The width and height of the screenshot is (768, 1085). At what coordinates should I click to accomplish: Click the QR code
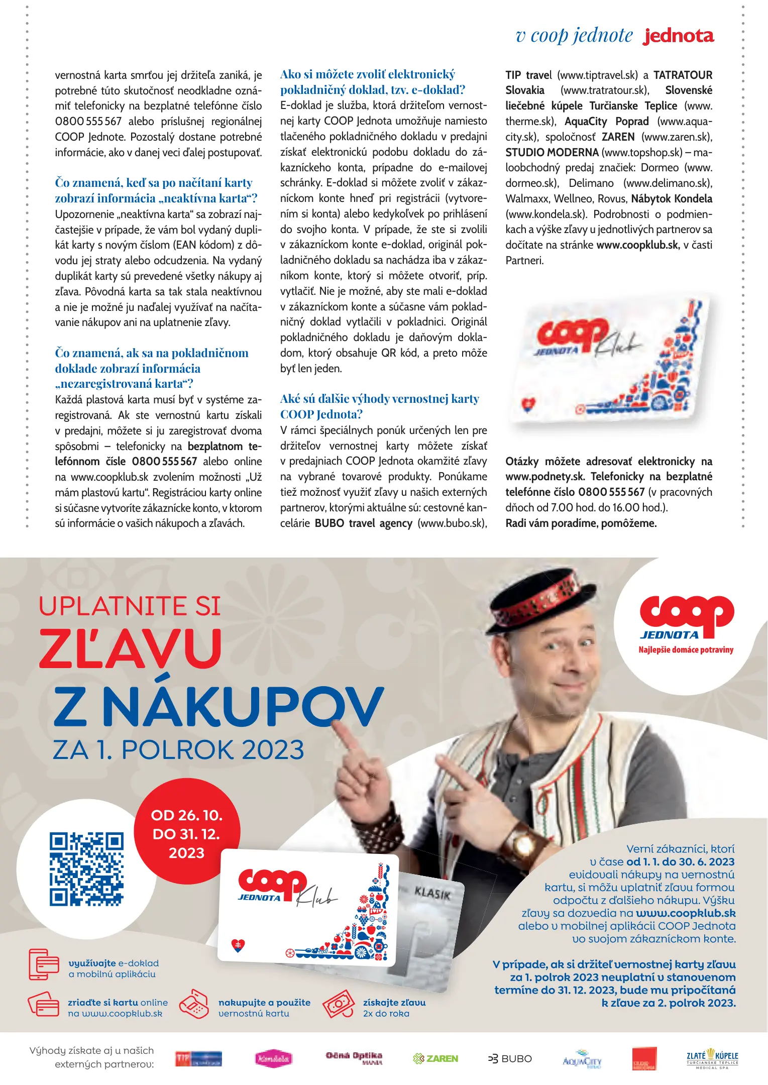pos(86,869)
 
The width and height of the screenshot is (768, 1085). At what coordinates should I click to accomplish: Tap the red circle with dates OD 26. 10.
pos(187,833)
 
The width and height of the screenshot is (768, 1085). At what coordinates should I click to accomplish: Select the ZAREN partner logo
pos(435,1058)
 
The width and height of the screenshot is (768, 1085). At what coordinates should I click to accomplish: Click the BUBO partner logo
pos(510,1058)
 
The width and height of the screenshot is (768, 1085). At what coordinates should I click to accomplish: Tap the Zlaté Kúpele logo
pos(712,1058)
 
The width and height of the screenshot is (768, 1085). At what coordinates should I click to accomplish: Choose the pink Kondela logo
pos(273,1058)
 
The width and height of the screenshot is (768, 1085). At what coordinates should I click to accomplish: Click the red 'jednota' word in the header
pos(679,36)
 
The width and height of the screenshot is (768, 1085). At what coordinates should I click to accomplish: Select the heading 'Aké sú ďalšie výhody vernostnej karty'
pos(380,399)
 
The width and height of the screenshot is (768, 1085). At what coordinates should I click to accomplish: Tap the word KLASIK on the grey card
pos(432,894)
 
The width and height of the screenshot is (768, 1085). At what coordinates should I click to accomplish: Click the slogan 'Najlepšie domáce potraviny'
pos(686,649)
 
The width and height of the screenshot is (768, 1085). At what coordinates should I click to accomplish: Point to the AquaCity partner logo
pos(582,1058)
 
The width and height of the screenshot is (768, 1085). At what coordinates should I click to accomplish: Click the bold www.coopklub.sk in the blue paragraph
pos(685,913)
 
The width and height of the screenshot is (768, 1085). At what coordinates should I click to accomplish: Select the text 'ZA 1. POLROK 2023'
pos(178,750)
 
